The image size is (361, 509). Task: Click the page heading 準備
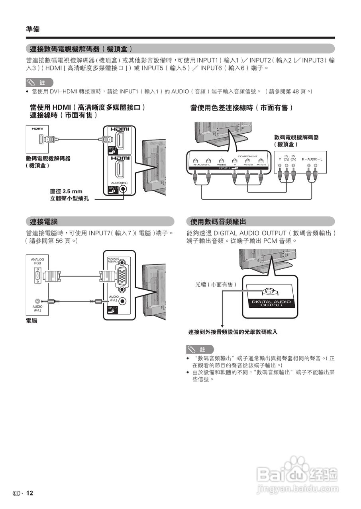pyautogui.click(x=33, y=29)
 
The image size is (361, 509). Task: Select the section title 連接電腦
pyautogui.click(x=44, y=221)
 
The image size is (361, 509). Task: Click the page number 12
pyautogui.click(x=29, y=493)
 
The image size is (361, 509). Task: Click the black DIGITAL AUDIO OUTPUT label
pyautogui.click(x=271, y=303)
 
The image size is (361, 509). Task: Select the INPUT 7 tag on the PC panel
pyautogui.click(x=112, y=309)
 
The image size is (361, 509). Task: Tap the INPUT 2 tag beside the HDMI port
pyautogui.click(x=112, y=150)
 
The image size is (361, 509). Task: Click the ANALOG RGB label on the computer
pyautogui.click(x=37, y=261)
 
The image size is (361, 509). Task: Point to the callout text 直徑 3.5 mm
pyautogui.click(x=66, y=191)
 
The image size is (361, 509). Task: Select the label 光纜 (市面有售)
pyautogui.click(x=216, y=284)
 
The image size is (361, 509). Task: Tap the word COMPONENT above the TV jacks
pyautogui.click(x=248, y=156)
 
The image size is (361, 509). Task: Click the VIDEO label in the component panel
pyautogui.click(x=222, y=164)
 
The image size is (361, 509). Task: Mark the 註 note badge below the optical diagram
pyautogui.click(x=200, y=350)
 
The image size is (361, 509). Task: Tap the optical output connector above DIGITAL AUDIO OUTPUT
pyautogui.click(x=271, y=291)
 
